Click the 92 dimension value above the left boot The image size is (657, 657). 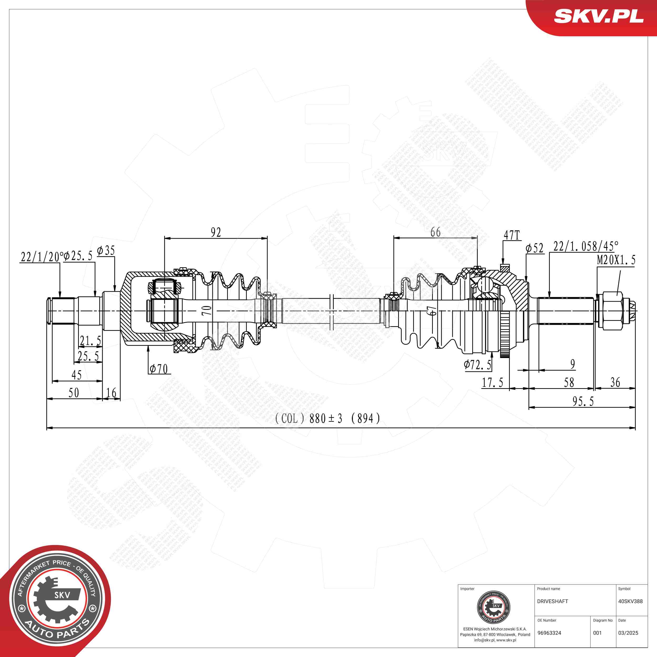point(215,232)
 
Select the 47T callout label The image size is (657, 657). point(511,235)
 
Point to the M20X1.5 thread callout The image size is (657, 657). point(616,260)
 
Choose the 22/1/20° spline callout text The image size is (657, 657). point(42,257)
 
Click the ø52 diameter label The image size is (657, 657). point(534,249)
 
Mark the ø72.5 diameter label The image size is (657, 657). point(478,365)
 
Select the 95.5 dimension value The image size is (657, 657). point(583,402)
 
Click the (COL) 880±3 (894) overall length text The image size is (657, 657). point(327,418)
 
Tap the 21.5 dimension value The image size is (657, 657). point(90,340)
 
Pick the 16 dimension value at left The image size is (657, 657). point(111,393)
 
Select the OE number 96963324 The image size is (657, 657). point(549,633)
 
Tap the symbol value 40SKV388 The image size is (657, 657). point(630,601)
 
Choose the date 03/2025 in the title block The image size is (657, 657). point(628,633)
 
